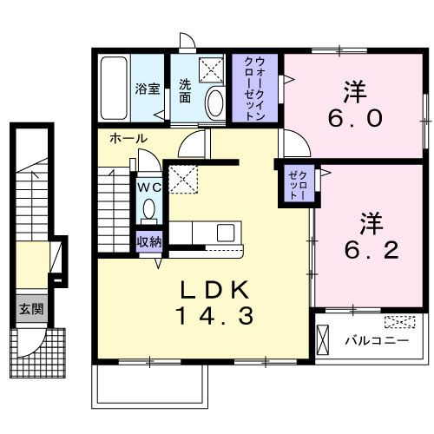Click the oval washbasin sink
click(214, 103)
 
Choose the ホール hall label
click(128, 139)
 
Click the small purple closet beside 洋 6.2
click(295, 184)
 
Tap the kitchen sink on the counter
click(225, 233)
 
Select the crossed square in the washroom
click(211, 70)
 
